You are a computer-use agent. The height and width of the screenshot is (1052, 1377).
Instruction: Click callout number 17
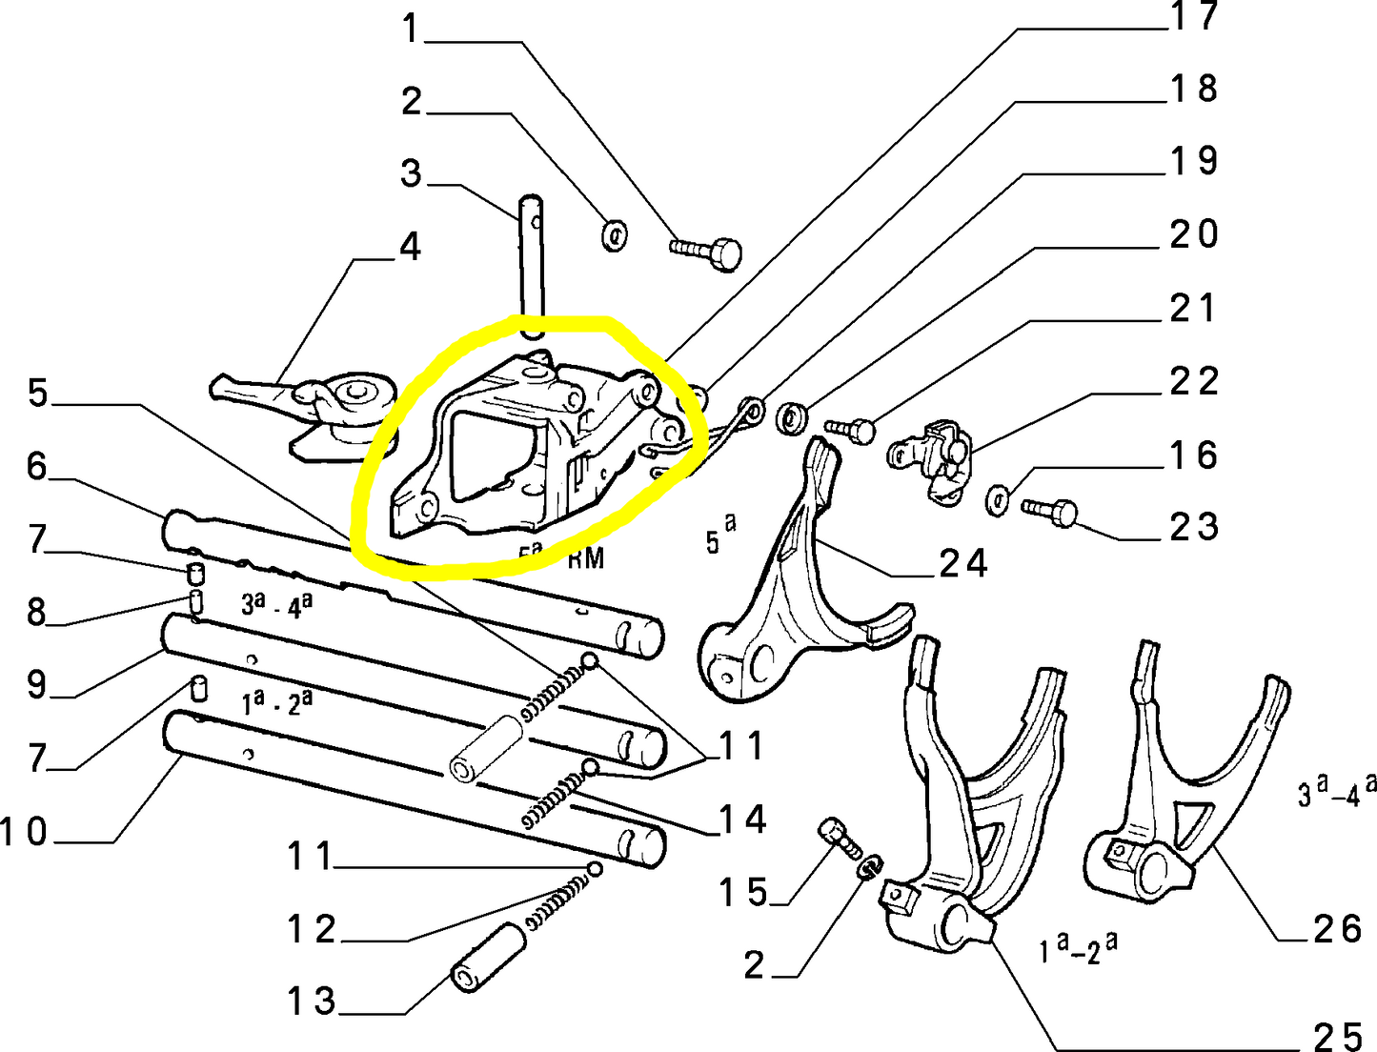coord(1194,16)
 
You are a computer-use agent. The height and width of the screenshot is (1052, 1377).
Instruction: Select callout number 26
coord(1338,928)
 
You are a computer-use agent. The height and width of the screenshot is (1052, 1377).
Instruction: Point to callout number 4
coord(410,247)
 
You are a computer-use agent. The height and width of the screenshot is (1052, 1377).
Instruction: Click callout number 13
coord(312,1001)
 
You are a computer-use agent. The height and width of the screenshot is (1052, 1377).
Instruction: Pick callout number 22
coord(1194,381)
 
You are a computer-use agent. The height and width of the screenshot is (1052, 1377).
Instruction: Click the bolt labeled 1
coord(709,252)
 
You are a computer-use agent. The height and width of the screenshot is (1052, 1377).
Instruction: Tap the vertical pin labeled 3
coord(532,267)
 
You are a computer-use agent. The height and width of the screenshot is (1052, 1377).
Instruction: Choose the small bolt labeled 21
coord(851,428)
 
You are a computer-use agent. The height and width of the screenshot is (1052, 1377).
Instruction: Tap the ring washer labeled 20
coord(792,416)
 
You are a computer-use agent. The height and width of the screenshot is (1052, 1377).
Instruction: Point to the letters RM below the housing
coord(586,557)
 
